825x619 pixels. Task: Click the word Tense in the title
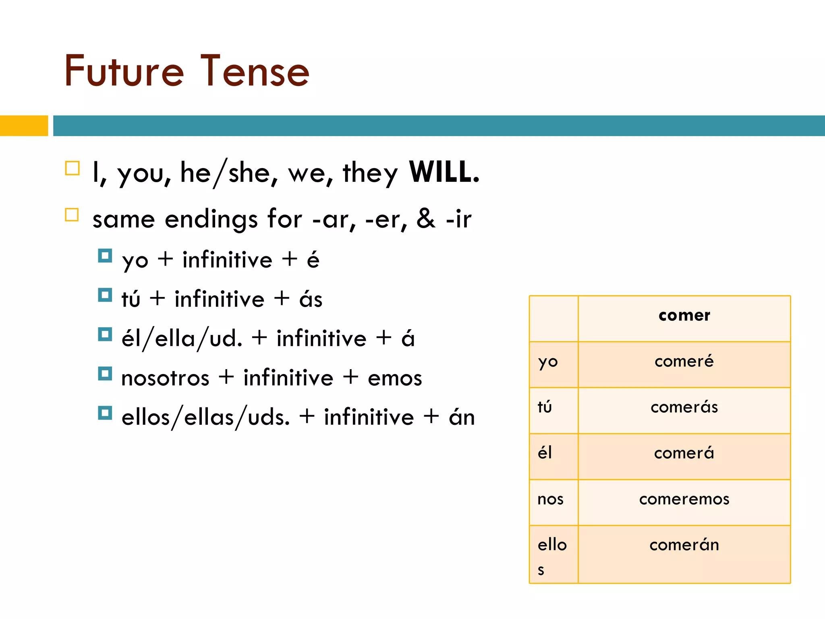click(255, 72)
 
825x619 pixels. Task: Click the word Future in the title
click(124, 72)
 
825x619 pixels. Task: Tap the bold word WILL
click(444, 172)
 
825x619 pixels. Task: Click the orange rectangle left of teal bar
click(24, 126)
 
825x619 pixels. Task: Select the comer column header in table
click(684, 315)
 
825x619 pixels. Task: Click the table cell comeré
click(684, 361)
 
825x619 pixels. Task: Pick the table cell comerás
click(684, 407)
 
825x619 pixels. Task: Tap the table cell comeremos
click(684, 499)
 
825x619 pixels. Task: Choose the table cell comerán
click(684, 545)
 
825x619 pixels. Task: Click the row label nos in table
click(550, 499)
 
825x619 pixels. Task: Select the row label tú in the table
click(545, 407)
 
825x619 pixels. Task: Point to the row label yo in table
click(548, 362)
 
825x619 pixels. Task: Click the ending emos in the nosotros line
click(395, 378)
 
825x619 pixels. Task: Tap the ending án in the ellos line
click(462, 417)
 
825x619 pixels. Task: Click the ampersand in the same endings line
click(426, 219)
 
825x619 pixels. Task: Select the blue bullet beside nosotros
click(105, 374)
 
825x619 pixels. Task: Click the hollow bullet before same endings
click(72, 215)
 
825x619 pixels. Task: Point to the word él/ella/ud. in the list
click(182, 339)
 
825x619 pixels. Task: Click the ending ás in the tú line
click(311, 299)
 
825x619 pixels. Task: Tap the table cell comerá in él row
click(684, 453)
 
